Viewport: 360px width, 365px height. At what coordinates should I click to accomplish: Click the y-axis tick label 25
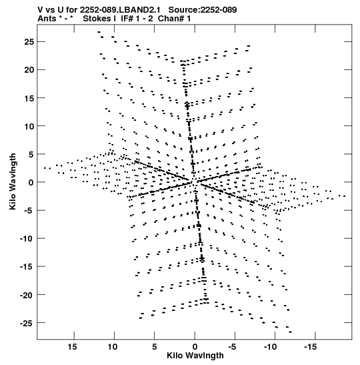[x=29, y=42]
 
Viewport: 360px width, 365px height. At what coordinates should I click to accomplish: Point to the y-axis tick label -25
[x=27, y=323]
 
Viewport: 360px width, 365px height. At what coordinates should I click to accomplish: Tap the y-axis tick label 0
[x=31, y=182]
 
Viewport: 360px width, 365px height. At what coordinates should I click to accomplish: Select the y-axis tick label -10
[x=27, y=239]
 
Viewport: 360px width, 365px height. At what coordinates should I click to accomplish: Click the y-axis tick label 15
[x=29, y=98]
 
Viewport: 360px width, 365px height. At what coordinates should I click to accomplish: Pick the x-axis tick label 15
[x=72, y=347]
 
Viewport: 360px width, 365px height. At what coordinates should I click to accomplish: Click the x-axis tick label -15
[x=310, y=347]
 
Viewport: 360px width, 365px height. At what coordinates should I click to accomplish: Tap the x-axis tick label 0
[x=195, y=347]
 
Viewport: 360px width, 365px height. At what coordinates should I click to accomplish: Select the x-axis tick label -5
[x=232, y=347]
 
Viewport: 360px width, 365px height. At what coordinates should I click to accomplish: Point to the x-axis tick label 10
[x=113, y=347]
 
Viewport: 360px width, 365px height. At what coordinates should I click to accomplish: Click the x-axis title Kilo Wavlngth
[x=195, y=356]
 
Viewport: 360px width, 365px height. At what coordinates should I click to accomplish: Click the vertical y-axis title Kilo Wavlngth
[x=13, y=181]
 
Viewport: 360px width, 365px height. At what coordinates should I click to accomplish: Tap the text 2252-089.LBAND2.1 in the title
[x=120, y=10]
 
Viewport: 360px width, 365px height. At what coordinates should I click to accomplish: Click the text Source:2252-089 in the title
[x=203, y=10]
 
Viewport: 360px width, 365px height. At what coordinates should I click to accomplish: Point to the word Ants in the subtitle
[x=47, y=19]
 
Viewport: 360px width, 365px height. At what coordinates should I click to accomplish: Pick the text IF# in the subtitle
[x=127, y=19]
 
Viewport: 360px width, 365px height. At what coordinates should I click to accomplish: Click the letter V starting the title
[x=40, y=10]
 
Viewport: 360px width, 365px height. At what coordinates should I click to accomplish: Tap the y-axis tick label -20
[x=27, y=295]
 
